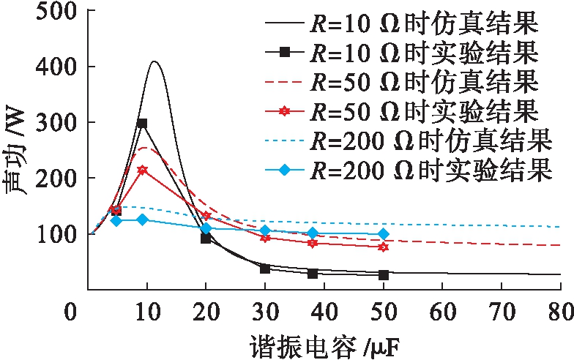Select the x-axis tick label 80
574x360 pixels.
click(x=560, y=310)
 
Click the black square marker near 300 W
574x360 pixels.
click(x=142, y=123)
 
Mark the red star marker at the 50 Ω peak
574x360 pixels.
click(x=142, y=170)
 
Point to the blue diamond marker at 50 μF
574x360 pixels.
click(x=383, y=234)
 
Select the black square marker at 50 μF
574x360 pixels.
click(x=383, y=275)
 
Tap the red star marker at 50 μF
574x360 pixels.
click(x=383, y=247)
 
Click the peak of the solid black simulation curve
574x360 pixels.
click(x=154, y=61)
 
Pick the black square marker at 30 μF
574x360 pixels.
click(x=265, y=269)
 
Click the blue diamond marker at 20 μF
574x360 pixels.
click(x=206, y=228)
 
